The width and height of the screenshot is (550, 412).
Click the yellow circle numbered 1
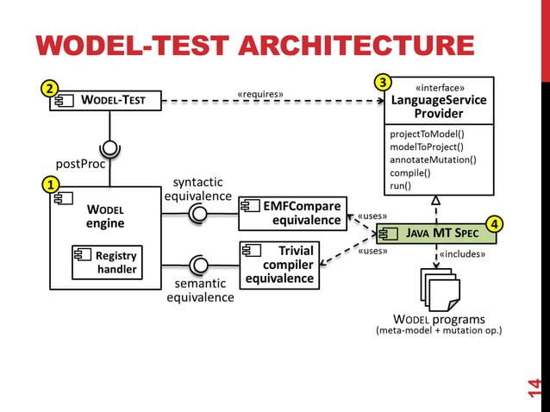[51, 184]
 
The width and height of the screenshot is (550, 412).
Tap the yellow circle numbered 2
[51, 88]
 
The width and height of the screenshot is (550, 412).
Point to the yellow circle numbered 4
[494, 225]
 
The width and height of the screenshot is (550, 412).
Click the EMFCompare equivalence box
[292, 213]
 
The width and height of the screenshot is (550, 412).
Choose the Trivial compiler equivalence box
[278, 265]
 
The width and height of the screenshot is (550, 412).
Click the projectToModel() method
[427, 134]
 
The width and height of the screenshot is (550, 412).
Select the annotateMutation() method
[433, 159]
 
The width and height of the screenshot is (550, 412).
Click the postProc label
[80, 163]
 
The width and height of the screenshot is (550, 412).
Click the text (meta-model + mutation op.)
[440, 330]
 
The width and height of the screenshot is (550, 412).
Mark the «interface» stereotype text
[440, 87]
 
